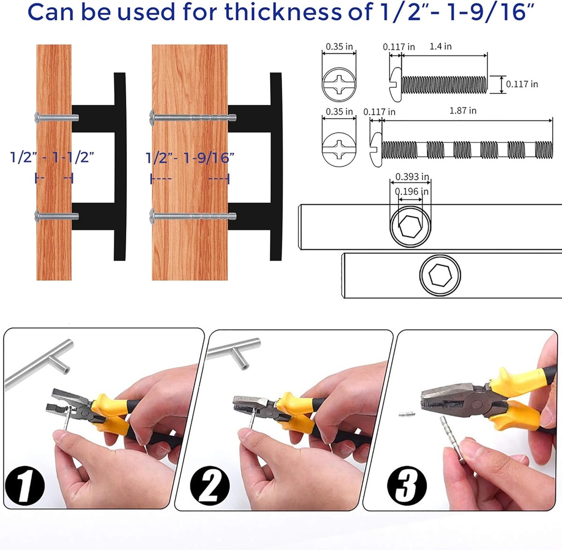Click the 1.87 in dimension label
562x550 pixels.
click(463, 110)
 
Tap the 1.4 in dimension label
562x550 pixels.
click(441, 46)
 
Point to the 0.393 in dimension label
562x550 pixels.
click(412, 176)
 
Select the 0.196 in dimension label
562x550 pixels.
click(412, 191)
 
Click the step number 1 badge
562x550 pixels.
click(25, 486)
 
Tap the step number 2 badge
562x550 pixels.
click(210, 486)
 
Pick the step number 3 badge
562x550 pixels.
click(407, 486)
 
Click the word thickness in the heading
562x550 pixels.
click(283, 12)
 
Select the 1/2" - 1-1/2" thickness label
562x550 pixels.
click(52, 157)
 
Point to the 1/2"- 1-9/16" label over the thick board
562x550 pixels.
click(190, 158)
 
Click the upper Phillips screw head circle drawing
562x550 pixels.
click(339, 85)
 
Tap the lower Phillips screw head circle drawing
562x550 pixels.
click(339, 149)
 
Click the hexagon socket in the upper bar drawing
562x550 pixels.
click(410, 226)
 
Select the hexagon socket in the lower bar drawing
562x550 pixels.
click(440, 275)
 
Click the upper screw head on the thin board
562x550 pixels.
click(37, 118)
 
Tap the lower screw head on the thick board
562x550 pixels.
click(153, 216)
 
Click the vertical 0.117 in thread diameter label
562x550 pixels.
click(522, 84)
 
